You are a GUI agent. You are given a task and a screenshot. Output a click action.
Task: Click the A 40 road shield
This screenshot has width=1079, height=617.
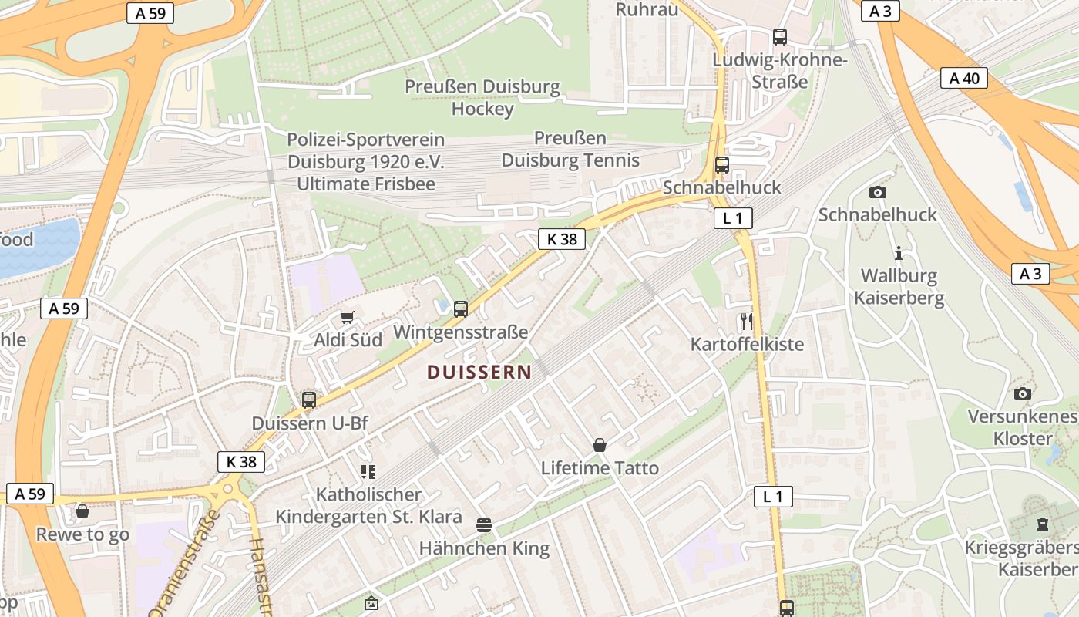963,78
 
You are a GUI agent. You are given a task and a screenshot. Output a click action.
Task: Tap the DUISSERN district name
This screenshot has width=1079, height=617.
479,373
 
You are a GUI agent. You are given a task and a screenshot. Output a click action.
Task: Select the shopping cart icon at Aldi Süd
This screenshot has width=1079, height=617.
348,318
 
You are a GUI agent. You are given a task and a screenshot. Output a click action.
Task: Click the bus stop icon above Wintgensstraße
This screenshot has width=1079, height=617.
461,309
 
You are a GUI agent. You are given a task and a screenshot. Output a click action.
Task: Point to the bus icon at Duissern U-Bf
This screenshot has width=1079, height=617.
309,400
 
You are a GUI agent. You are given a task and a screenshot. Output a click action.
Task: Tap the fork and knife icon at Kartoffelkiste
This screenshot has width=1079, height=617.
745,322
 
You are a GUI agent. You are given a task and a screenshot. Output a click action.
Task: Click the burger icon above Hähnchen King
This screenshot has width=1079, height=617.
484,526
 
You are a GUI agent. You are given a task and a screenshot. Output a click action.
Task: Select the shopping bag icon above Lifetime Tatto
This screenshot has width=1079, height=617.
600,445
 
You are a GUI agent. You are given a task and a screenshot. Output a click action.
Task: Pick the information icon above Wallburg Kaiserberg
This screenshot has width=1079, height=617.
898,253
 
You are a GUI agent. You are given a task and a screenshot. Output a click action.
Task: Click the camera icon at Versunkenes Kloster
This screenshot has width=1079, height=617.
1023,394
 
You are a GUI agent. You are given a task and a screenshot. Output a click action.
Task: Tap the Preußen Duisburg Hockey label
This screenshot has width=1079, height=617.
482,98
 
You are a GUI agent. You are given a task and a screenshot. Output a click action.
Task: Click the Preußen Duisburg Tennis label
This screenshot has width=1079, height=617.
570,150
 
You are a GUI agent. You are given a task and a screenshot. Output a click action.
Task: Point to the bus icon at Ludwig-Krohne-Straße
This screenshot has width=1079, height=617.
780,36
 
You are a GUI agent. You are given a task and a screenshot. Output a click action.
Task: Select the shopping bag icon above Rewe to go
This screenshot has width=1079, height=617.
82,512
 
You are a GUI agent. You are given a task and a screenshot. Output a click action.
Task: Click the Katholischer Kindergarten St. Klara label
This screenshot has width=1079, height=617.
368,506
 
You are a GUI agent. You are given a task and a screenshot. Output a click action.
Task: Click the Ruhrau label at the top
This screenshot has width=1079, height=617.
647,9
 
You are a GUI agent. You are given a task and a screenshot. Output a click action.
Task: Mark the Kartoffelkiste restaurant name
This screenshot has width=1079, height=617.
747,344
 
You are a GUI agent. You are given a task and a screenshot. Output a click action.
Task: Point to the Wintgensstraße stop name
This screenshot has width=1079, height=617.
460,332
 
